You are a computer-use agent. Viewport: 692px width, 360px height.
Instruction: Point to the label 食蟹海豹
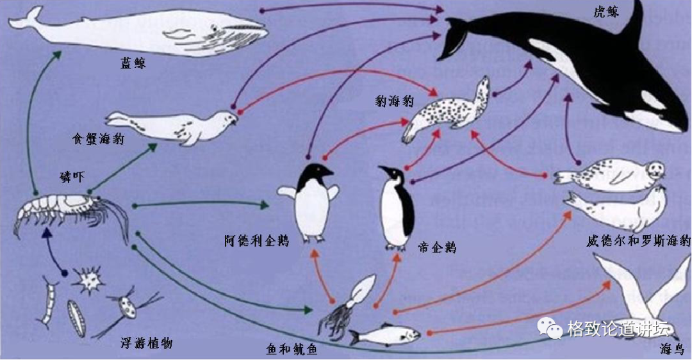tap(98, 138)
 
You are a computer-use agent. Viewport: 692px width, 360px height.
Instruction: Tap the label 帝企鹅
tap(436, 247)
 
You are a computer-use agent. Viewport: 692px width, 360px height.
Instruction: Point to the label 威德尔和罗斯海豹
tap(638, 241)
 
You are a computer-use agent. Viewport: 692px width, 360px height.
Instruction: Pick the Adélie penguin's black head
tap(317, 172)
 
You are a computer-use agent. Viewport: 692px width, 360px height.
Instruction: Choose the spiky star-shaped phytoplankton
tap(87, 280)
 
